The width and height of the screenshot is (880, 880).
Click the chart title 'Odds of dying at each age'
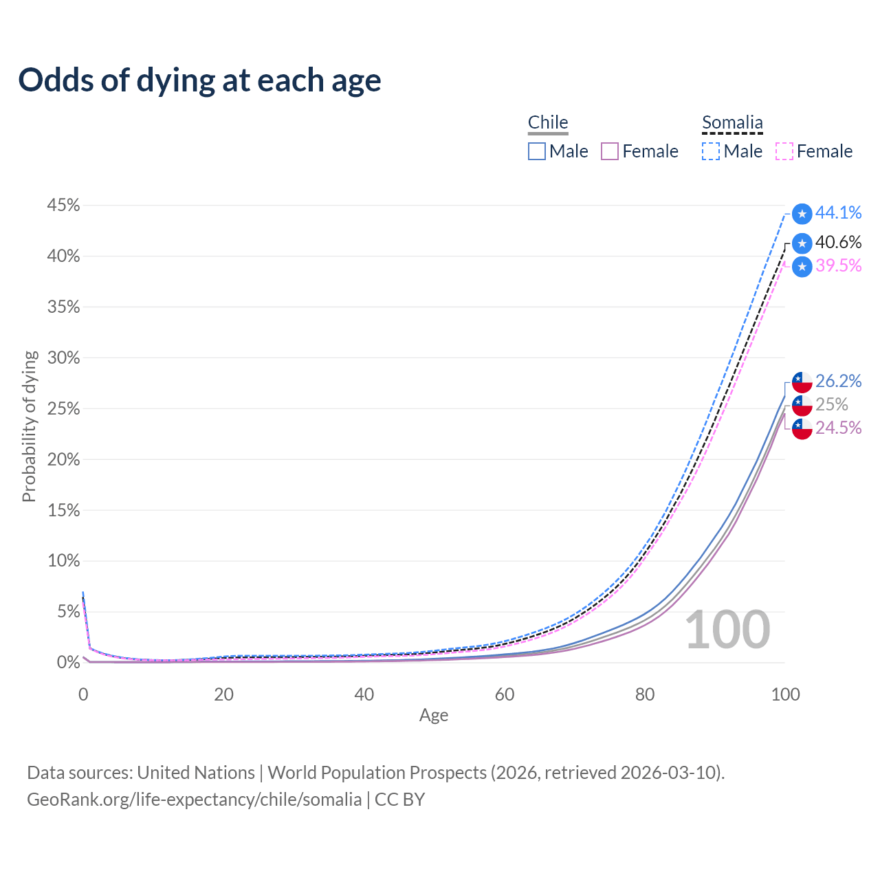(199, 80)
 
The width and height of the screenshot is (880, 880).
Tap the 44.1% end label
(838, 212)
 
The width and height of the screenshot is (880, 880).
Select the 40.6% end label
(838, 242)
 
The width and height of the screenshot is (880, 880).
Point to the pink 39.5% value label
(838, 265)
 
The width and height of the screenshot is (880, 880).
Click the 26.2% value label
(838, 381)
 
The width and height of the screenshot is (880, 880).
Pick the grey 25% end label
(831, 404)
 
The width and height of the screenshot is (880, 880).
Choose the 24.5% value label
(838, 428)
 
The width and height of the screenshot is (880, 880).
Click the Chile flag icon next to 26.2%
(802, 382)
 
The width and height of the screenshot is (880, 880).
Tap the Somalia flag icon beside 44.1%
(802, 214)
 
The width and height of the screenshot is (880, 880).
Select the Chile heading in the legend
(547, 122)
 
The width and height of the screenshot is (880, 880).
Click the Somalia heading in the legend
(732, 122)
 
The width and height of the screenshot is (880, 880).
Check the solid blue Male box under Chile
(536, 151)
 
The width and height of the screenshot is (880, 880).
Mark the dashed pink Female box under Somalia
(784, 151)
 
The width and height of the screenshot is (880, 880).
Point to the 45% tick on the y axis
(63, 205)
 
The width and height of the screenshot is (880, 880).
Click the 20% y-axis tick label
(63, 459)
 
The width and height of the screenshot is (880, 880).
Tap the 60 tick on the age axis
(504, 694)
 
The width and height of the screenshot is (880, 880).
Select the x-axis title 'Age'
(433, 715)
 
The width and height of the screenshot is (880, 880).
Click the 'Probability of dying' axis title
(30, 426)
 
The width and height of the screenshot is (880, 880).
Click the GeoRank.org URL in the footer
(194, 799)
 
